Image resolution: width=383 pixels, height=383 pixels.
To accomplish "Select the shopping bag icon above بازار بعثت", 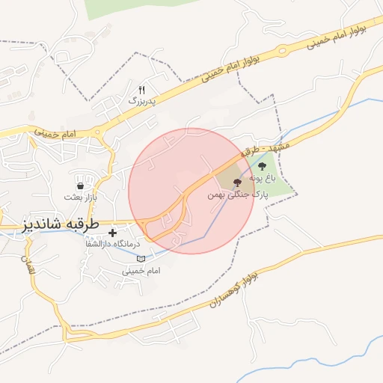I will coord(80,184).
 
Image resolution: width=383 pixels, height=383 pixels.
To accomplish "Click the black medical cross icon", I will coord(112,233).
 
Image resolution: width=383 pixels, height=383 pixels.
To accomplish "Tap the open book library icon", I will coord(141,258).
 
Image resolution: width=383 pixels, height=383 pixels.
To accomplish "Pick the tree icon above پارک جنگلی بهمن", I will coord(237,182).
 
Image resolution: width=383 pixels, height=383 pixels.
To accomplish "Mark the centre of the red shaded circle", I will coord(191,191).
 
